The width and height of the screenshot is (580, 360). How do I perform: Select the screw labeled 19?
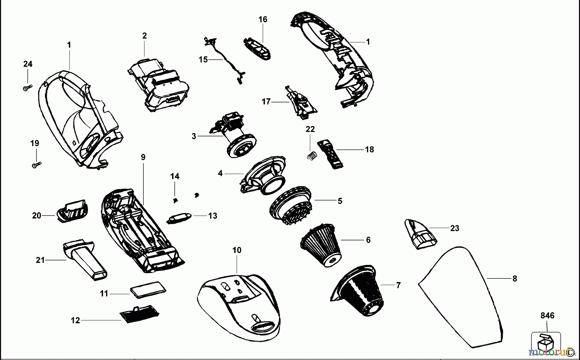(x=37, y=165)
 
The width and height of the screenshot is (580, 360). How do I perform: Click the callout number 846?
(x=547, y=316)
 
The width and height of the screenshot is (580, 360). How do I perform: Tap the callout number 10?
(x=237, y=250)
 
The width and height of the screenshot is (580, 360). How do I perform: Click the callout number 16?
(x=263, y=19)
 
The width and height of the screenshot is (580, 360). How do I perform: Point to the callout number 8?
(x=515, y=279)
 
